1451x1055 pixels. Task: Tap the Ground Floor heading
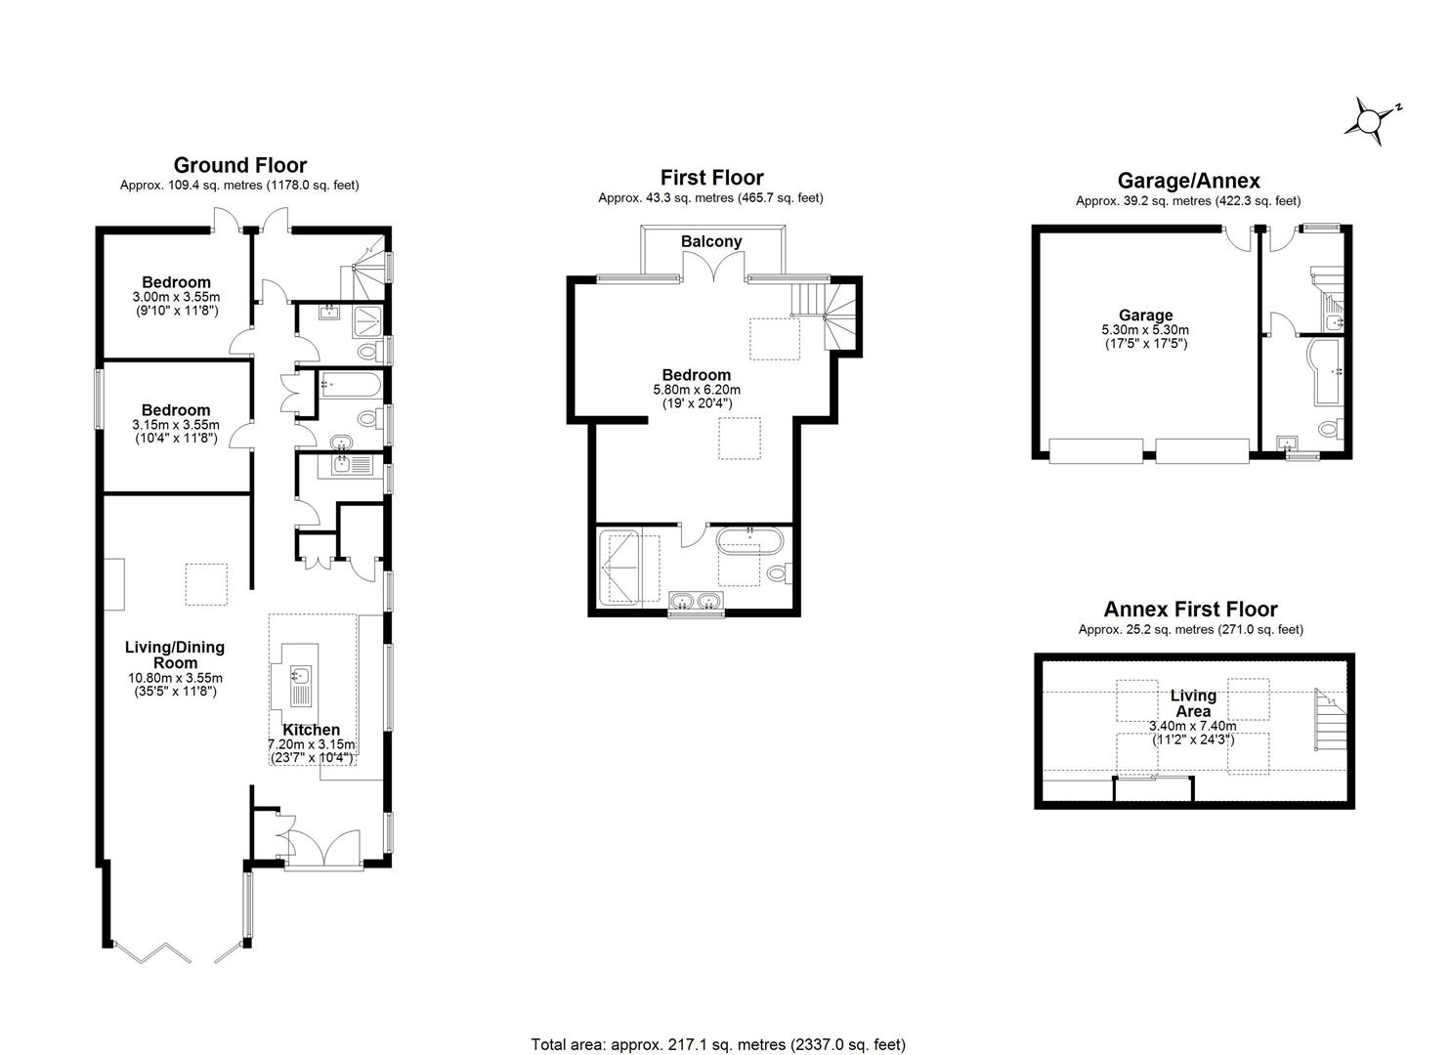tap(239, 165)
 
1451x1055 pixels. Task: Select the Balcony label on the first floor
tap(711, 241)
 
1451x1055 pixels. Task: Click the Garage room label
tap(1145, 316)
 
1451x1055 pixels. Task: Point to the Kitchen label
tap(311, 730)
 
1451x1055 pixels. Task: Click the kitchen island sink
tap(300, 676)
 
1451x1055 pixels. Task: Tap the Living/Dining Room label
tap(175, 654)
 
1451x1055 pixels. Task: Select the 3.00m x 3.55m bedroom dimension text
tap(176, 297)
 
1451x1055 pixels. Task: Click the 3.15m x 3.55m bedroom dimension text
tap(176, 425)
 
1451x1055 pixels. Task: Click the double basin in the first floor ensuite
tap(696, 600)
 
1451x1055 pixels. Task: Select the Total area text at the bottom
tap(718, 1044)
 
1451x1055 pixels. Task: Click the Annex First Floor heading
tap(1190, 610)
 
